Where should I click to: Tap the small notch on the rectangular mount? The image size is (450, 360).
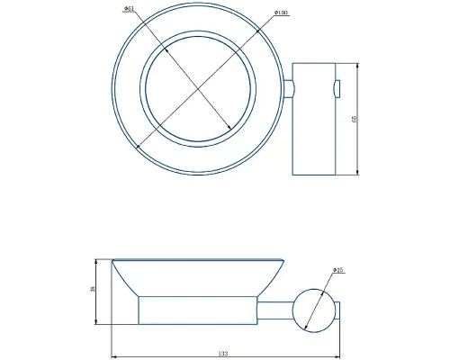(x=336, y=87)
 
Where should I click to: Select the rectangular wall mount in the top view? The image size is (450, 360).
(x=314, y=119)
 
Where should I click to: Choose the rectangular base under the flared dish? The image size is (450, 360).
(x=197, y=310)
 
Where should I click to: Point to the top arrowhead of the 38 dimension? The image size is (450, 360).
(x=96, y=261)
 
